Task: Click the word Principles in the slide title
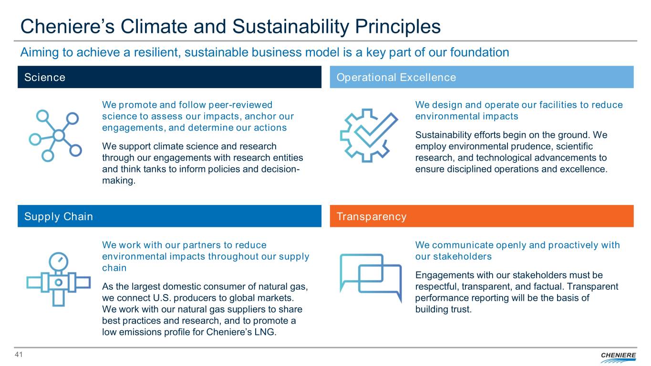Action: [398, 27]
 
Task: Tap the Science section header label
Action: [45, 77]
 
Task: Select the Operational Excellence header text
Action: [396, 77]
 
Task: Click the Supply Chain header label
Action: [58, 216]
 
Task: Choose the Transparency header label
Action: [372, 216]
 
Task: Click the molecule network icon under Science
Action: [55, 136]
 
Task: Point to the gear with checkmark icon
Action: [369, 135]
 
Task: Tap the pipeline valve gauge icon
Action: [58, 279]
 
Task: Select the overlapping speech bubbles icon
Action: [371, 278]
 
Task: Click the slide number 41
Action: [19, 355]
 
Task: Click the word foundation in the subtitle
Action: [479, 52]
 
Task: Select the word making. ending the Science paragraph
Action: [119, 181]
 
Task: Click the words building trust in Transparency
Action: [443, 309]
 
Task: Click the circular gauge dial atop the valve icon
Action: [58, 262]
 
